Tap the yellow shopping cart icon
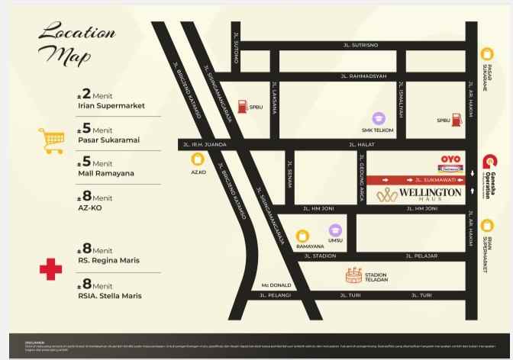50,140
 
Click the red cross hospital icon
50,269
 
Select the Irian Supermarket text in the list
111,107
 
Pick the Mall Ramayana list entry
105,173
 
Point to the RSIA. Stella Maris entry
109,296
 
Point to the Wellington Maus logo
419,194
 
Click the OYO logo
450,159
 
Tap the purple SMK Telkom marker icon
379,119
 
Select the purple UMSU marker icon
335,230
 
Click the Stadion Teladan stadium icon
353,275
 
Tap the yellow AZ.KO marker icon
198,160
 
